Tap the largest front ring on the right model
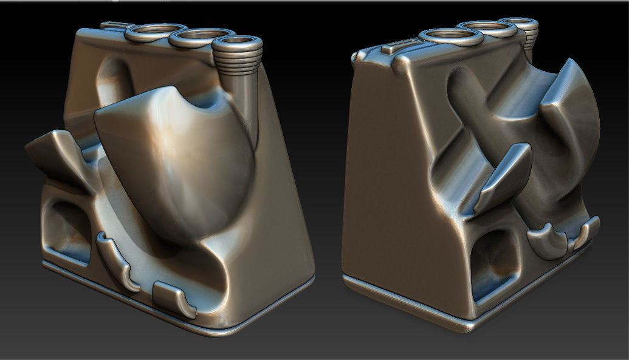tap(446, 38)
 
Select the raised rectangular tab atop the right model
tap(402, 45)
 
